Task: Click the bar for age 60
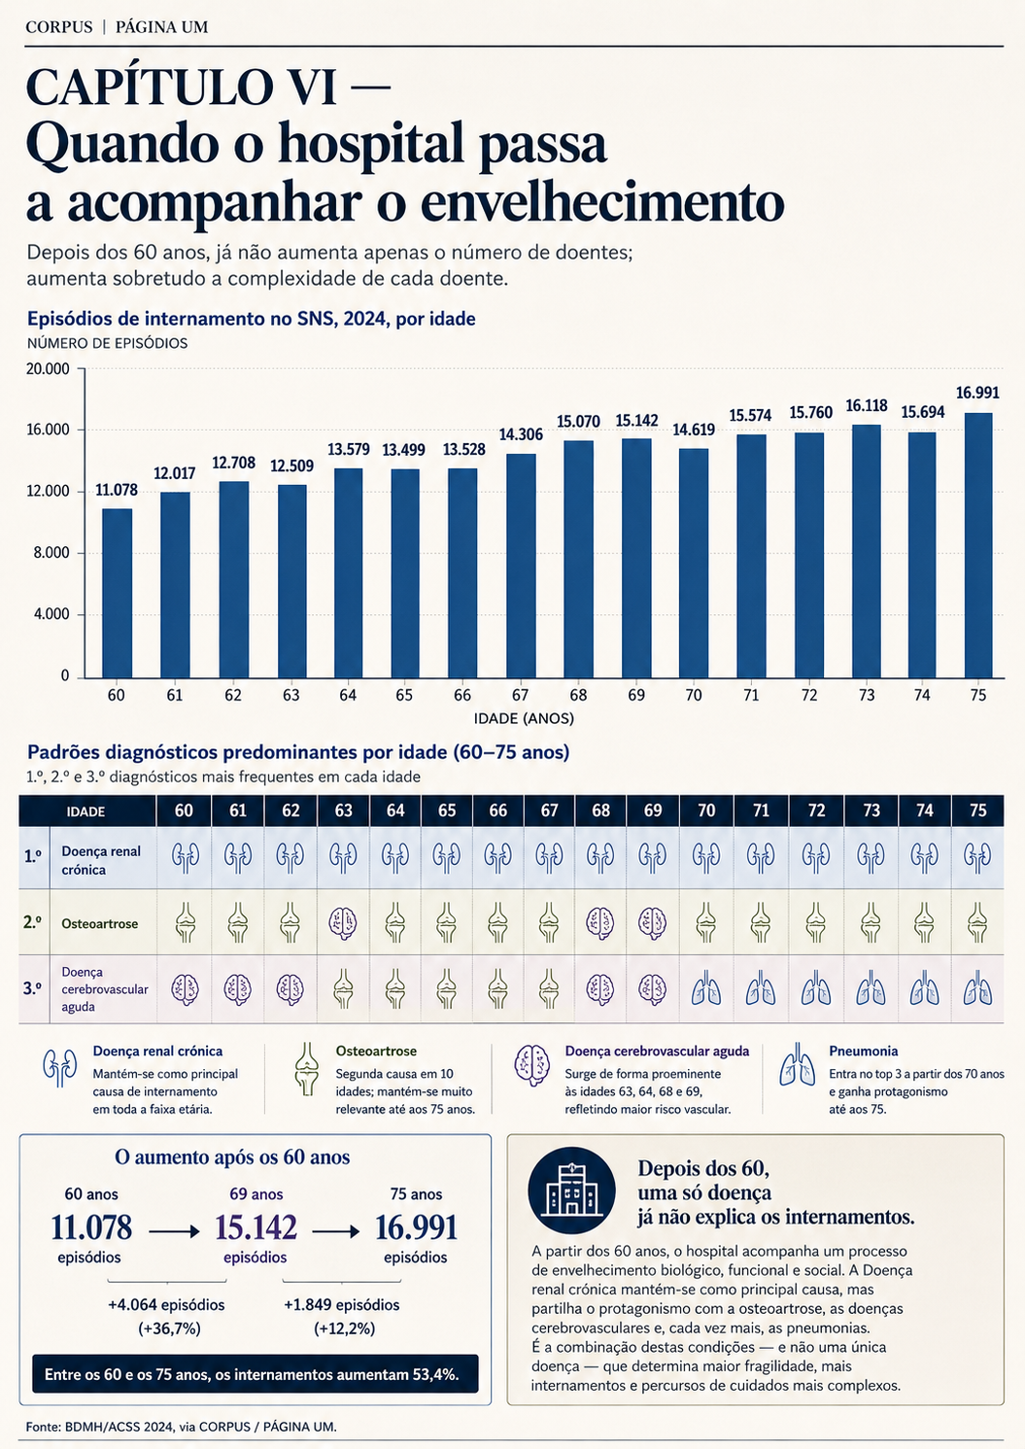[x=117, y=593]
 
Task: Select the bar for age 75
[x=978, y=545]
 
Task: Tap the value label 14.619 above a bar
[x=694, y=430]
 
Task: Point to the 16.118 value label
[x=867, y=405]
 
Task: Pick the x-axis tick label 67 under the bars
[x=520, y=696]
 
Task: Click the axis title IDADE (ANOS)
[x=524, y=718]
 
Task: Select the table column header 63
[x=343, y=811]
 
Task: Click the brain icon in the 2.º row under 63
[x=343, y=921]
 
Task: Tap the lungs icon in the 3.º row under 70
[x=705, y=989]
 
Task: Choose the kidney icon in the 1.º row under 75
[x=977, y=856]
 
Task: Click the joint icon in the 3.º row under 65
[x=446, y=989]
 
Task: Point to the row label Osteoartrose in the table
[x=100, y=923]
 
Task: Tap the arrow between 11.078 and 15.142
[x=174, y=1231]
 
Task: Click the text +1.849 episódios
[x=341, y=1305]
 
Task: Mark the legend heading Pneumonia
[x=864, y=1052]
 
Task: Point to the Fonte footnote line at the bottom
[x=181, y=1427]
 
